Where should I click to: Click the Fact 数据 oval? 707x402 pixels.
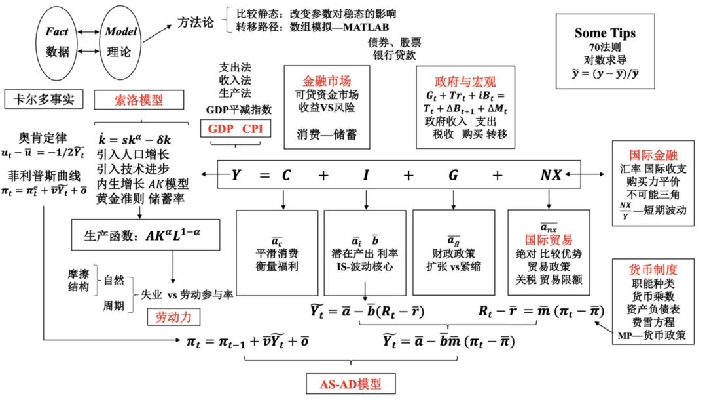click(58, 41)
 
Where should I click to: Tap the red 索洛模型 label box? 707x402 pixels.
click(129, 100)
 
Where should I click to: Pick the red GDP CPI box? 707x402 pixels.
click(235, 128)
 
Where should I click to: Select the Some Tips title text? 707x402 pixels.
click(605, 33)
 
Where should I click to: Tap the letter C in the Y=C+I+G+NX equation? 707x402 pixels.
click(285, 175)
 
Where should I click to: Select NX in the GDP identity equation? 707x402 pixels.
click(551, 175)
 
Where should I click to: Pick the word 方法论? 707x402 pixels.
click(196, 23)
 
